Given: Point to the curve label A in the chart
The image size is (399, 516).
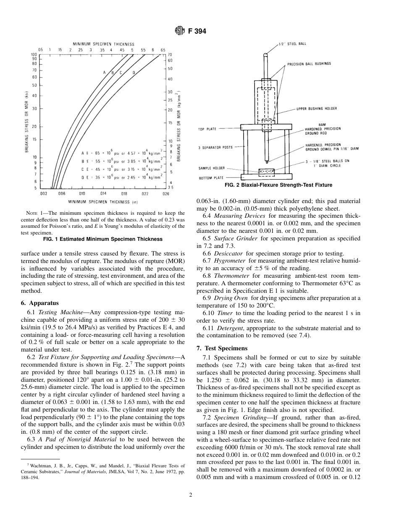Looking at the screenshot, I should pyautogui.click(x=104, y=73).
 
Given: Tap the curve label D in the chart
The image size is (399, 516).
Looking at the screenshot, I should pyautogui.click(x=134, y=73).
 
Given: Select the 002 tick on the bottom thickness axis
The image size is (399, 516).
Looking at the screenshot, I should pyautogui.click(x=43, y=194).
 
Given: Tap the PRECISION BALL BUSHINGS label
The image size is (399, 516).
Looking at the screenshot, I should pyautogui.click(x=309, y=64).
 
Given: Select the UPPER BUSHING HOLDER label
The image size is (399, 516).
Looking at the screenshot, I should pyautogui.click(x=316, y=109).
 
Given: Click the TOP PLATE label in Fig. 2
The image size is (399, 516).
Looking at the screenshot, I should pyautogui.click(x=207, y=129).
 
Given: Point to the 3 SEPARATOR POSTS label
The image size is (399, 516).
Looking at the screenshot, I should pyautogui.click(x=215, y=147).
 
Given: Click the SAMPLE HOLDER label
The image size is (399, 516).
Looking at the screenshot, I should pyautogui.click(x=211, y=168).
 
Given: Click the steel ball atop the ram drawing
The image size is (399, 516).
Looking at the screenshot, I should pyautogui.click(x=265, y=54).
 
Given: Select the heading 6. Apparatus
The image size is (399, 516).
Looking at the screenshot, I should pyautogui.click(x=40, y=302).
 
